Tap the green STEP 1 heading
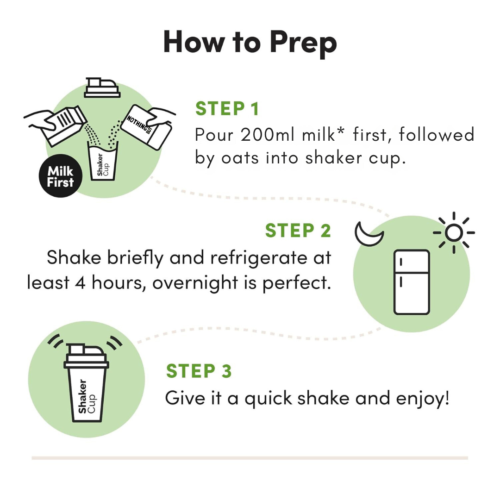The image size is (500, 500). coord(227,109)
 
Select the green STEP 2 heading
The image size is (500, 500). coord(298,231)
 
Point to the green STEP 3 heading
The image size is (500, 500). coord(199,371)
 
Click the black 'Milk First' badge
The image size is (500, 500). coord(61,176)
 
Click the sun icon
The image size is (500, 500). coord(454,233)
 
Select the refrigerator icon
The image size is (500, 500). coord(412,282)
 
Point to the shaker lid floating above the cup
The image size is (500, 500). coord(102,87)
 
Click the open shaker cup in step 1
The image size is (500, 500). coord(103,161)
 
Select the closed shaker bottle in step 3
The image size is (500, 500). coord(87,383)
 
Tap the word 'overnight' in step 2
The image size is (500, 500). coord(195,283)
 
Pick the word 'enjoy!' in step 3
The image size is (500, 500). coord(423,399)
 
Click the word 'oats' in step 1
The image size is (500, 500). coord(240,158)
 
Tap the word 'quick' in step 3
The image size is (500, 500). coord(268,399)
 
